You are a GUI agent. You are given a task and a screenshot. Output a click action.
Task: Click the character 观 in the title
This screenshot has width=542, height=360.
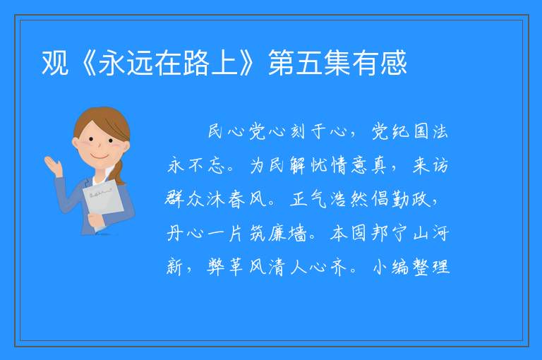click(54, 63)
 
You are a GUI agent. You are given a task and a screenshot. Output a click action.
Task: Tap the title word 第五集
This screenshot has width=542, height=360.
click(310, 63)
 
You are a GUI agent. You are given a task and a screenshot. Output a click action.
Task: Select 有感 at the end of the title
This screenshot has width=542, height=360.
click(380, 63)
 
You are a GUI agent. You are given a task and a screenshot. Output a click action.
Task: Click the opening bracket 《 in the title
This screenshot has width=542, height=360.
click(84, 63)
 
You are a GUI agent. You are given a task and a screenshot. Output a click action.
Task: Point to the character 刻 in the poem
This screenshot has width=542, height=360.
click(298, 131)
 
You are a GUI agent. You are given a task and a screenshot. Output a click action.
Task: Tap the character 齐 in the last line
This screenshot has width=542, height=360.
click(339, 267)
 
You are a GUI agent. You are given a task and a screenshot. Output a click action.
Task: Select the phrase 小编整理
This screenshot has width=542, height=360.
click(411, 267)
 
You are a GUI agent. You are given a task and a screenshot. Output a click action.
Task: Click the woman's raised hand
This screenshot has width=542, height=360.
click(53, 166)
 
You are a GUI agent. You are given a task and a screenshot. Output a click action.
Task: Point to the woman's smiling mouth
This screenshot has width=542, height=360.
click(100, 157)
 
